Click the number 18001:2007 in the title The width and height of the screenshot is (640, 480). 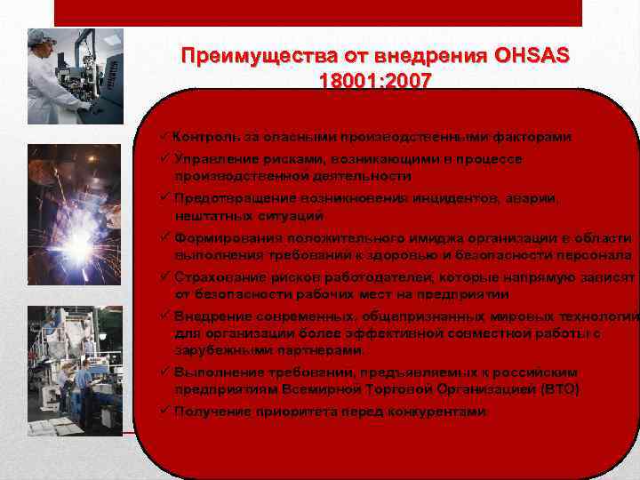(374, 81)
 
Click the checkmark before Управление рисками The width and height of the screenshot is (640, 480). (165, 159)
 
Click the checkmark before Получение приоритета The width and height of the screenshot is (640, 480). (165, 412)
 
